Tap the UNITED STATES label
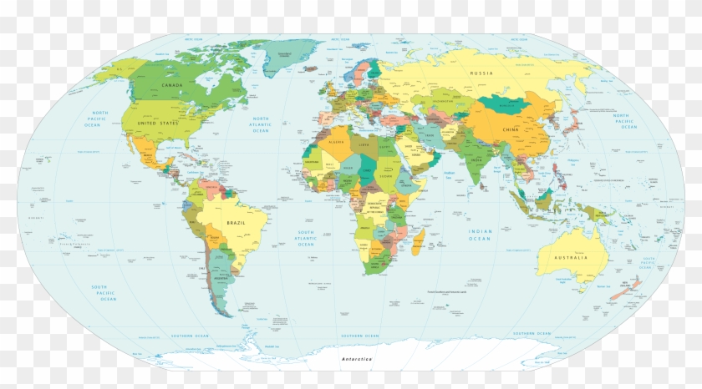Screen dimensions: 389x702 coord(159,123)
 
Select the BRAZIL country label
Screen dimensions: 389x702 coord(237,224)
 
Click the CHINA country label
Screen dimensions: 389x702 coord(511,130)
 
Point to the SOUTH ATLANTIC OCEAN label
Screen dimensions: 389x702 coord(306,238)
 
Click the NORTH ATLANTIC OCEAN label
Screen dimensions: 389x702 coord(262,124)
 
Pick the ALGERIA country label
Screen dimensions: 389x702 coord(337,144)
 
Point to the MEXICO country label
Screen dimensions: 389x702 coord(148,156)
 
